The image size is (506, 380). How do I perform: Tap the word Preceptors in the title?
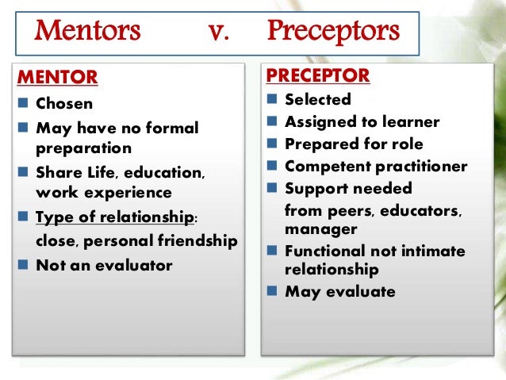(333, 33)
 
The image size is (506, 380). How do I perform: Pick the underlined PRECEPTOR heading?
(317, 76)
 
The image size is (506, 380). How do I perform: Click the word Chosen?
(63, 104)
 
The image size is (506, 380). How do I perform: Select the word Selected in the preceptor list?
(317, 100)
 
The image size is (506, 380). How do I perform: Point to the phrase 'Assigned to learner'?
(362, 122)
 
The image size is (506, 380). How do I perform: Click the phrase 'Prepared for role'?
(354, 144)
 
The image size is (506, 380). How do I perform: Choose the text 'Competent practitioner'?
(376, 167)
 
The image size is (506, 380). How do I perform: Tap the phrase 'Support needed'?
(348, 189)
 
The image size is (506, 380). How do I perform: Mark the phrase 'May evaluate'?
(339, 291)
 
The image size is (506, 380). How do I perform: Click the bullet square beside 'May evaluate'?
(272, 291)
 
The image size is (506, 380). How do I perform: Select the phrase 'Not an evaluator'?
(104, 266)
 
